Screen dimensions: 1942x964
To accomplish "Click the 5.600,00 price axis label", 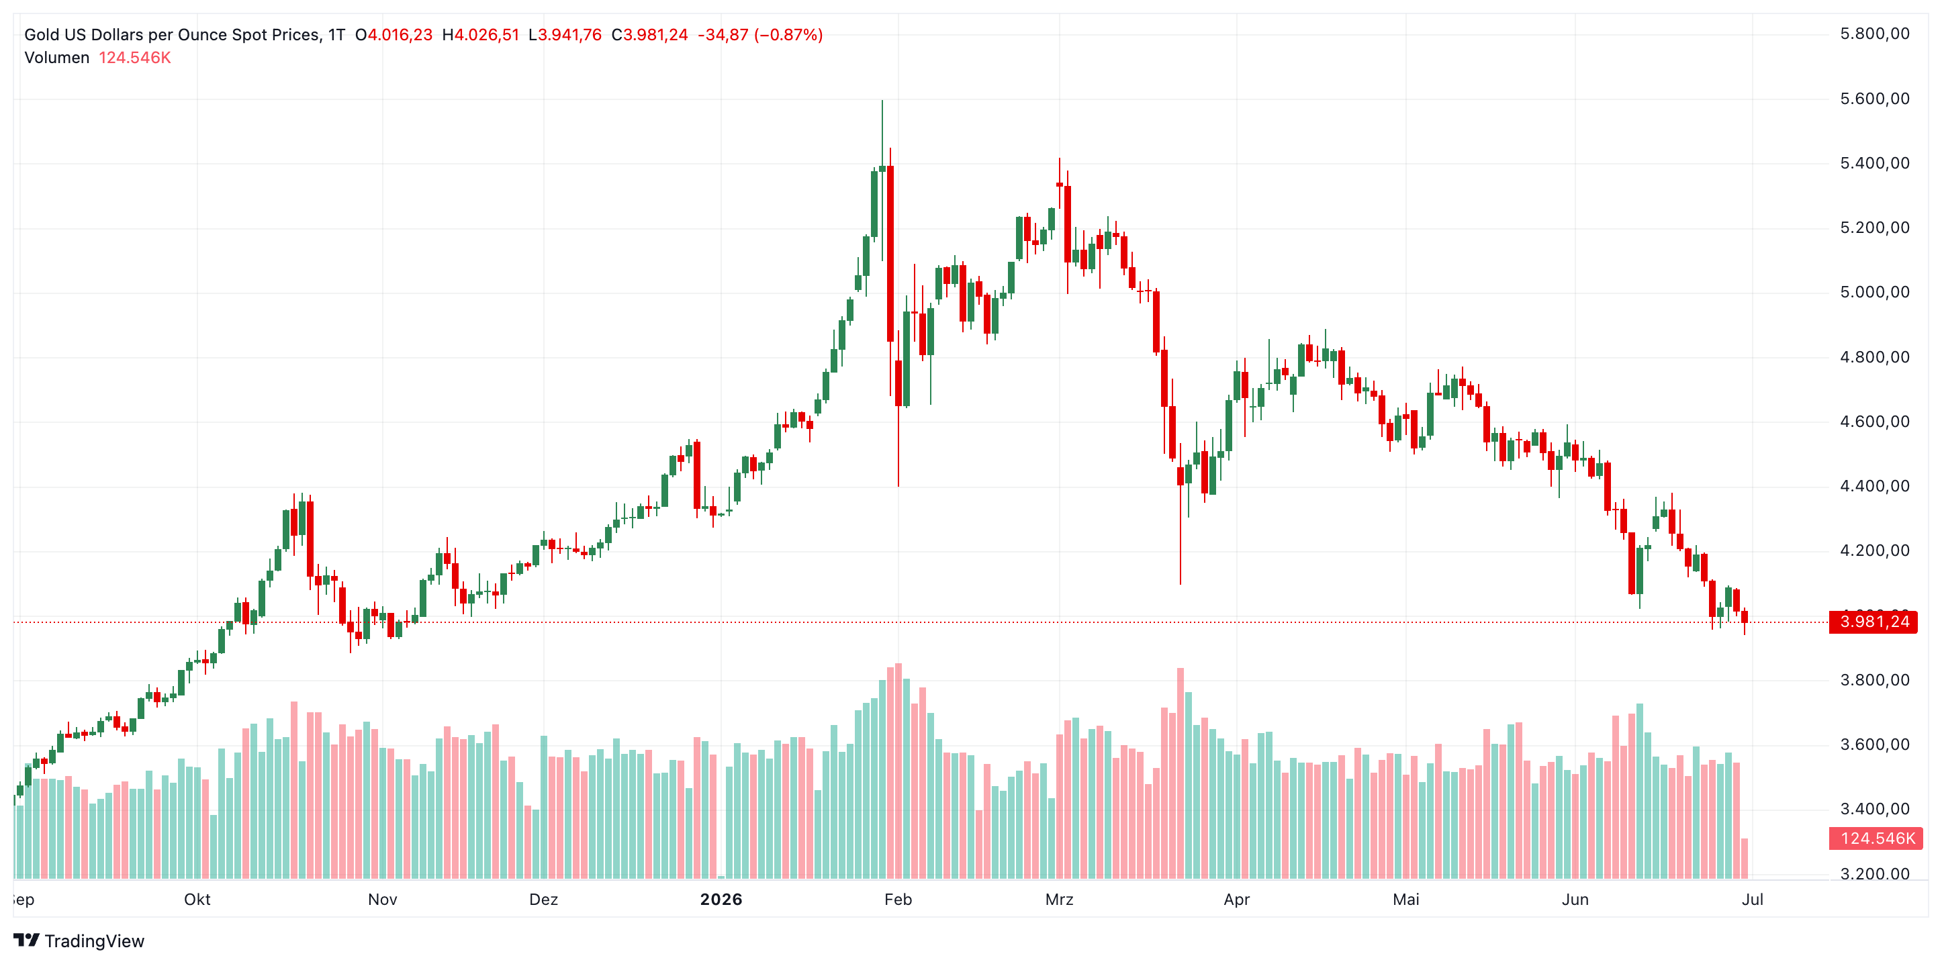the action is (x=1874, y=99).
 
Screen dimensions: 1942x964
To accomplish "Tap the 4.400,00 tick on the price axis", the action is (x=1874, y=486).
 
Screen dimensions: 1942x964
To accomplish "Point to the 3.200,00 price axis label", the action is (x=1874, y=874).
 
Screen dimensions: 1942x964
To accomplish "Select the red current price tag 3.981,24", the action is (x=1874, y=622).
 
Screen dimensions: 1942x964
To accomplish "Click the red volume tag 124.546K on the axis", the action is (x=1876, y=838).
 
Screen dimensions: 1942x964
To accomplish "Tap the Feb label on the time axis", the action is (x=898, y=899).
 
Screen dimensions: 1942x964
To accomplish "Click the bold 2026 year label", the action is (x=721, y=899).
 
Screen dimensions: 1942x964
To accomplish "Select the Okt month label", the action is (x=197, y=899).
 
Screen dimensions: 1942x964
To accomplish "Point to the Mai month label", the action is (x=1406, y=899).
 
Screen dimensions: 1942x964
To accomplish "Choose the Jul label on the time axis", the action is (x=1752, y=899).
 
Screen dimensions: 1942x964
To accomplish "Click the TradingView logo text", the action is (x=94, y=941).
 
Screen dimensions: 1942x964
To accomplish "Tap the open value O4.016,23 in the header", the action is (x=394, y=35).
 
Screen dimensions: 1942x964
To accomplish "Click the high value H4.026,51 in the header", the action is (x=480, y=35).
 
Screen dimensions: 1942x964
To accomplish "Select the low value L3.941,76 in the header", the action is (x=565, y=35).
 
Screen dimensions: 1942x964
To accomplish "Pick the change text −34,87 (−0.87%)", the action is (x=760, y=35).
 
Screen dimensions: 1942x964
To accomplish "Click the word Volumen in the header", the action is (x=56, y=58).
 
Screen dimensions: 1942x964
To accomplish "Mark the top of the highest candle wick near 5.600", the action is (x=882, y=100).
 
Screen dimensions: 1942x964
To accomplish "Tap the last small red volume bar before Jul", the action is (x=1745, y=859).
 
